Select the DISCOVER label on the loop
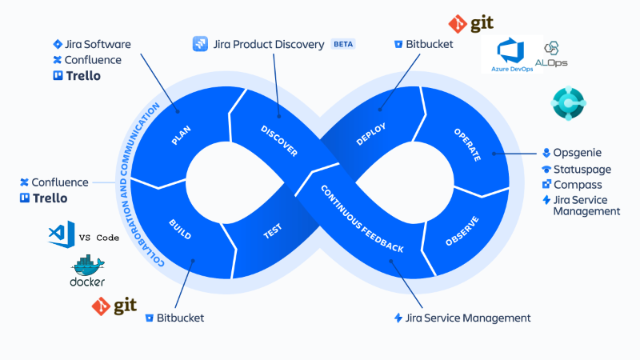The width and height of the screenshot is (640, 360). click(279, 141)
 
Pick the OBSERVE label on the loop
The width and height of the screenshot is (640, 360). click(462, 231)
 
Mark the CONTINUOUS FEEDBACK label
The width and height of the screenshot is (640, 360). click(362, 218)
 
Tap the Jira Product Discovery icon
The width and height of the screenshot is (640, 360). click(200, 44)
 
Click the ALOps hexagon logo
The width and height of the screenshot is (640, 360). click(556, 49)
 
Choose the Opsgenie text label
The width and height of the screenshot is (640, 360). click(578, 152)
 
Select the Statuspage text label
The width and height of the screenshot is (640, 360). click(582, 169)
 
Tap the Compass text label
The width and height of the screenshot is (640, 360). click(578, 185)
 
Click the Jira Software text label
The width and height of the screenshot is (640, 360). click(98, 44)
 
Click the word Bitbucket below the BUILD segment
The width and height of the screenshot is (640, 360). click(180, 318)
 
